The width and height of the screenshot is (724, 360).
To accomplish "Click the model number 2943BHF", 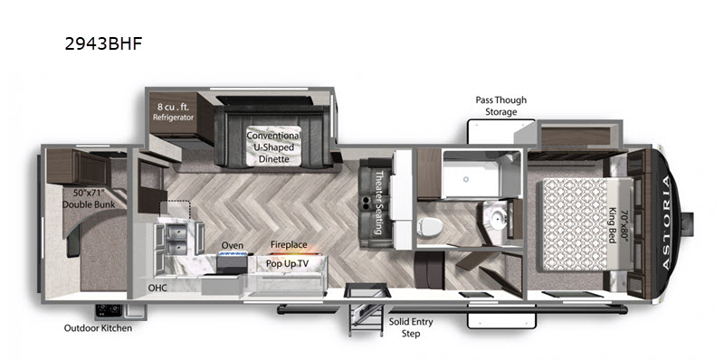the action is pos(103,43).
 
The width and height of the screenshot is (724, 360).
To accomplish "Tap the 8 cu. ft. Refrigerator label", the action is pos(173,111).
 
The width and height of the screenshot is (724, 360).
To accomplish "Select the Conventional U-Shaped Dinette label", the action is pos(273,147).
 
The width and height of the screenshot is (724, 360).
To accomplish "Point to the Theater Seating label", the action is pos(379,202).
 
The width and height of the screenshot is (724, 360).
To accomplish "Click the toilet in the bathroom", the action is pos(430,226).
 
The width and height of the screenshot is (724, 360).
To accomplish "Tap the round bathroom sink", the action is pos(495,220).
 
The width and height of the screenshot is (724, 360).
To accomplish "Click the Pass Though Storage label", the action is pos(501,106).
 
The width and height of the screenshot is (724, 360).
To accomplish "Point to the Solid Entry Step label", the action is pos(411,327).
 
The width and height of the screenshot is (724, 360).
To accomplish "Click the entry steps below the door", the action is pos(366,319).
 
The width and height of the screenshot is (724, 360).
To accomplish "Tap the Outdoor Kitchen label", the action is pos(98,328).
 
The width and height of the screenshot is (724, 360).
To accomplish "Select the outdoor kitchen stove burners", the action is pos(109,310).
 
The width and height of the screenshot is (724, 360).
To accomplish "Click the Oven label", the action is pos(233,245).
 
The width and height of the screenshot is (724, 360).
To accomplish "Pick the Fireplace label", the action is pos(289,245).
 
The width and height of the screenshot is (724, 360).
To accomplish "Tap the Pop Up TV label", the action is pos(287,264).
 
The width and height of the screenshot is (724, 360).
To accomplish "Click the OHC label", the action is pos(157,288).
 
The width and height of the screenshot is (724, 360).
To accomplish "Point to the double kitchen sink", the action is pos(175,240).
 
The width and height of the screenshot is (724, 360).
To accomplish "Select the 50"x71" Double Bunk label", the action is pos(89,199).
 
